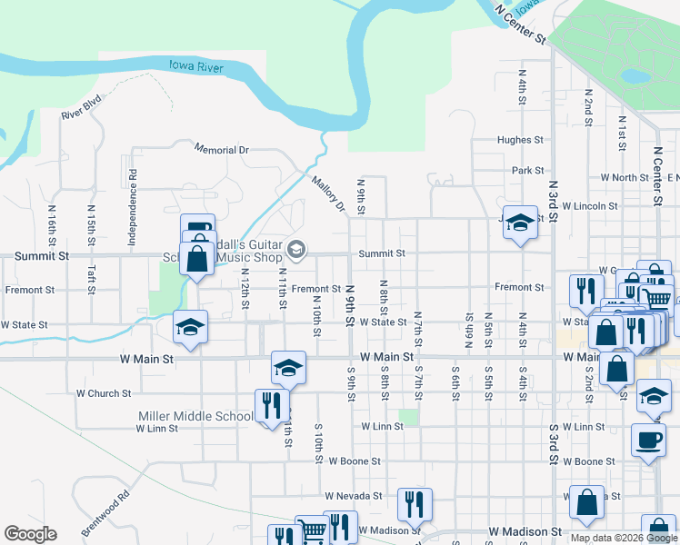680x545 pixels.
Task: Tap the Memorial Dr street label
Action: (x=221, y=149)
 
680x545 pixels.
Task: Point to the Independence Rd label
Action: (x=133, y=196)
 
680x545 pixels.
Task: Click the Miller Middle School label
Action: (x=195, y=416)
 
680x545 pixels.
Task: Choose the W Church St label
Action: (x=104, y=393)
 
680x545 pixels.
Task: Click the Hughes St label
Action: (x=519, y=141)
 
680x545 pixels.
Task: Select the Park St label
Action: (x=527, y=170)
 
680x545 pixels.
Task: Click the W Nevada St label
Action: (x=354, y=496)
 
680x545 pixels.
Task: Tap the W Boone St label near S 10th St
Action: (x=355, y=461)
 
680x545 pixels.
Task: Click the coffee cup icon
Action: (x=648, y=440)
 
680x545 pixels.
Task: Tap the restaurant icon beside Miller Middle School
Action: (x=270, y=405)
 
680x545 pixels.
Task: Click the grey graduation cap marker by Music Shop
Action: (x=296, y=249)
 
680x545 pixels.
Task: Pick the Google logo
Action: (x=30, y=534)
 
